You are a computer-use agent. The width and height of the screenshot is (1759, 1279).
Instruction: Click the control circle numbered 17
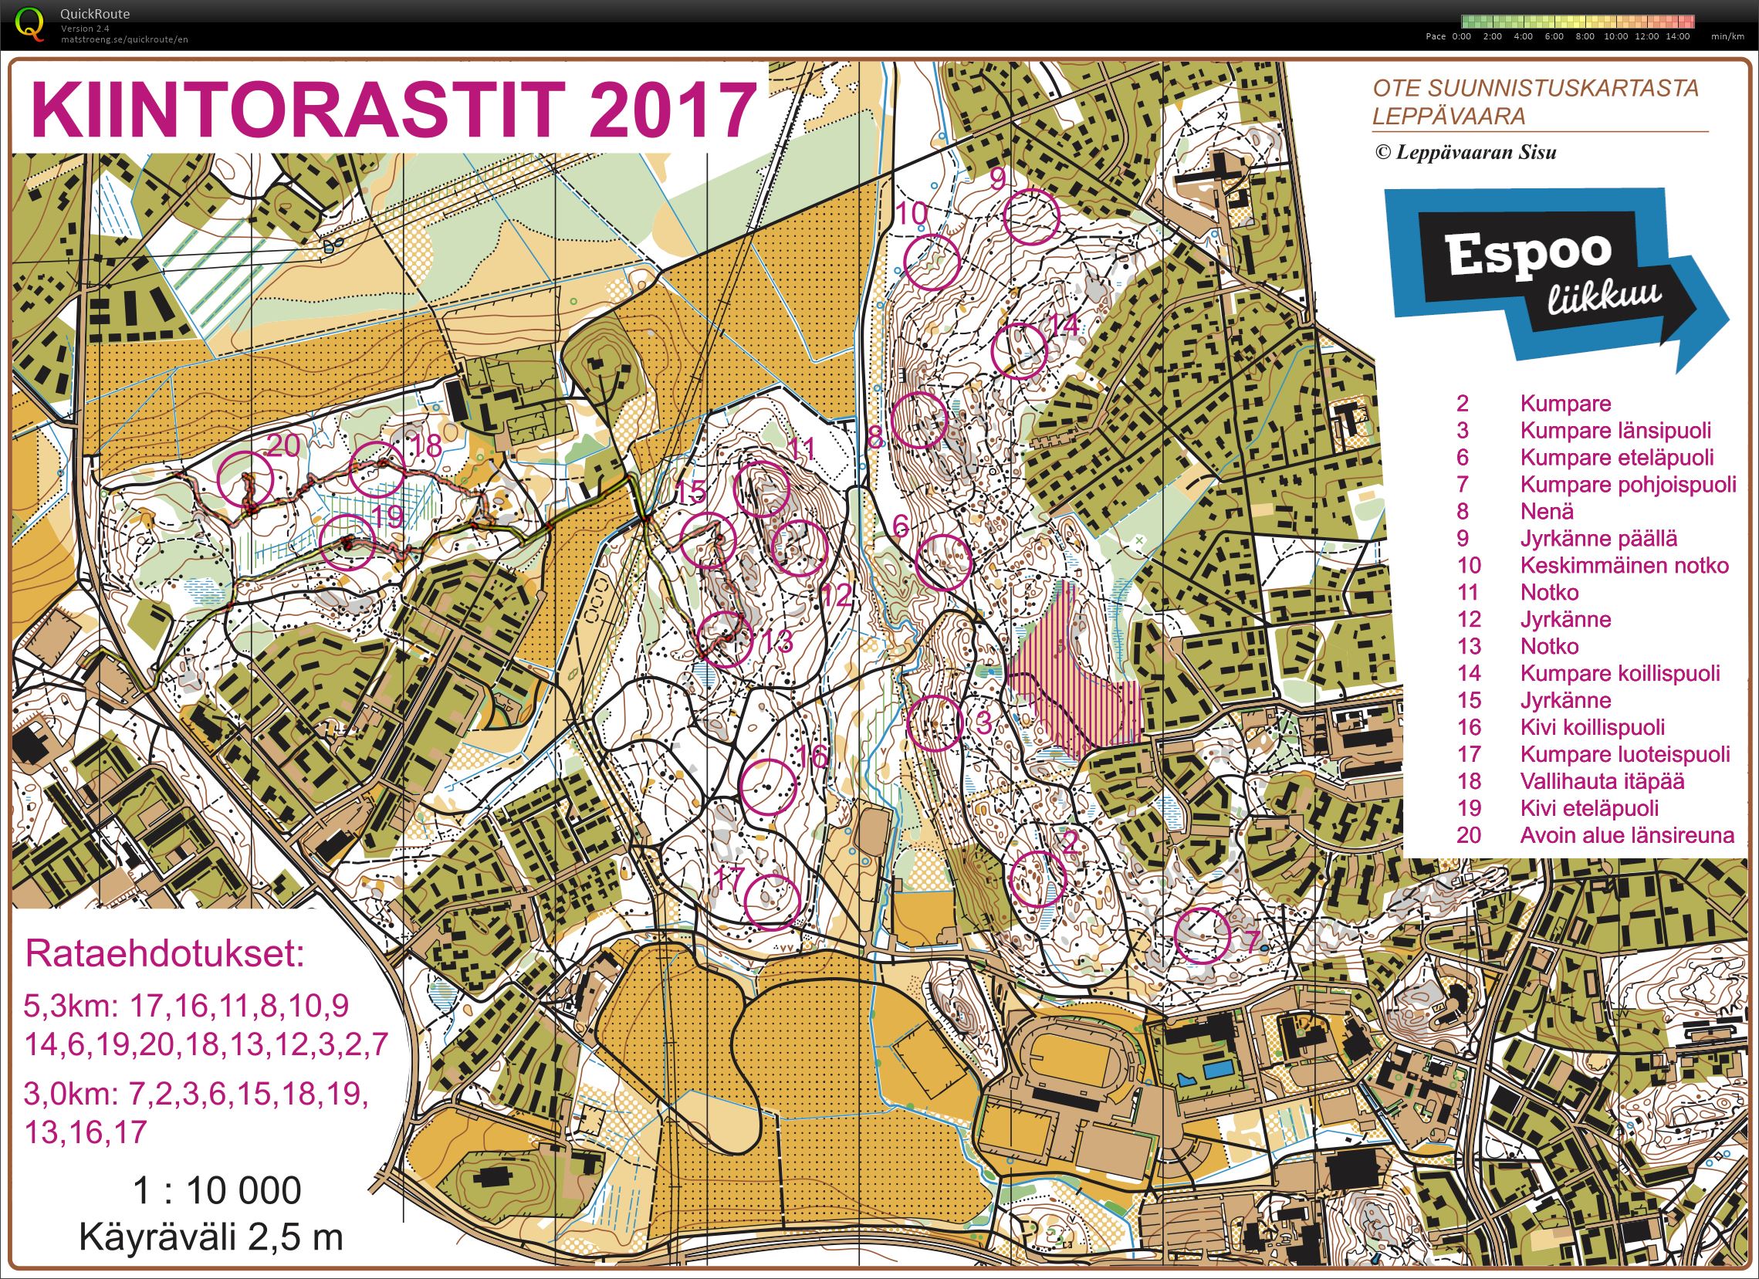(x=771, y=902)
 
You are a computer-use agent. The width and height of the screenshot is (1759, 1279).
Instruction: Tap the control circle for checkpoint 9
(x=1030, y=216)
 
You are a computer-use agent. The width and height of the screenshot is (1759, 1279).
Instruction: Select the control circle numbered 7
(x=1203, y=936)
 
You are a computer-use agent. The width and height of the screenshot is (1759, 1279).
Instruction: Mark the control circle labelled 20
(x=246, y=479)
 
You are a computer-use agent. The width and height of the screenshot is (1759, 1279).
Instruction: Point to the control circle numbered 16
(x=769, y=786)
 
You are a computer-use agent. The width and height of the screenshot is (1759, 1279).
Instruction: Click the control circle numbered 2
(x=1039, y=878)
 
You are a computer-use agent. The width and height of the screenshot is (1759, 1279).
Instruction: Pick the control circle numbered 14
(x=1020, y=350)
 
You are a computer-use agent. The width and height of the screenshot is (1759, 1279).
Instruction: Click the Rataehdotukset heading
(x=164, y=953)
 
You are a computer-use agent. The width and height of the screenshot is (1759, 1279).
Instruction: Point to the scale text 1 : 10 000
(x=216, y=1189)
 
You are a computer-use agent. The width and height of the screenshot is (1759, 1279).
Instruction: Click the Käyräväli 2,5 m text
(x=210, y=1237)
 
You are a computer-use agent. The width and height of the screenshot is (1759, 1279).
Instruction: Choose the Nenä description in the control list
(x=1547, y=511)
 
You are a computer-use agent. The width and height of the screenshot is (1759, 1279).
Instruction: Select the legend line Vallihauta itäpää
(x=1602, y=781)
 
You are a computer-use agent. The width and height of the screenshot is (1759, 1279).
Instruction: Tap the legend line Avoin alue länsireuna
(x=1626, y=835)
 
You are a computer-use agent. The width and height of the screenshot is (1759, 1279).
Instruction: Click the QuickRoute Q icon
(x=30, y=23)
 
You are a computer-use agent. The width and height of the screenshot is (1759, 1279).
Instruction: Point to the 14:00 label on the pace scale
(x=1677, y=36)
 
